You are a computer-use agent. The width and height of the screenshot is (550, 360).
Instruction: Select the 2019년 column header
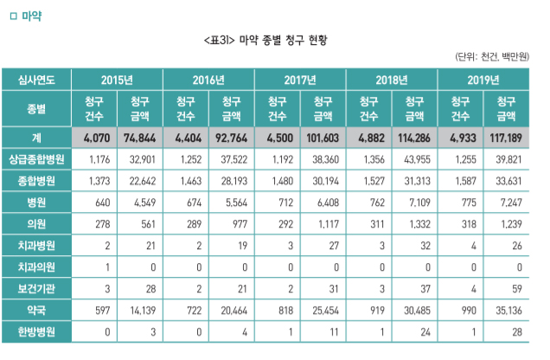(483, 80)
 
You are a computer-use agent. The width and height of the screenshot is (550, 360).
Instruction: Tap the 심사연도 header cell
(36, 80)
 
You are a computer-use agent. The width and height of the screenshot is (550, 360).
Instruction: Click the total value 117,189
(507, 138)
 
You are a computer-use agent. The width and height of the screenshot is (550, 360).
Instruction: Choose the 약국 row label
(36, 308)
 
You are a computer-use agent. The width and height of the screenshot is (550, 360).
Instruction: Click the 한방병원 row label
(36, 330)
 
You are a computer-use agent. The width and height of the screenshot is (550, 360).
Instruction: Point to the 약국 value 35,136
(507, 308)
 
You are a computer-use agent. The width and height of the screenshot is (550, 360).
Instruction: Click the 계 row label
(36, 138)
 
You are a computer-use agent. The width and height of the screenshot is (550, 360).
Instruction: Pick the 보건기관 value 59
(507, 287)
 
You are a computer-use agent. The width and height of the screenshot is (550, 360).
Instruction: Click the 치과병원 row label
(36, 245)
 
